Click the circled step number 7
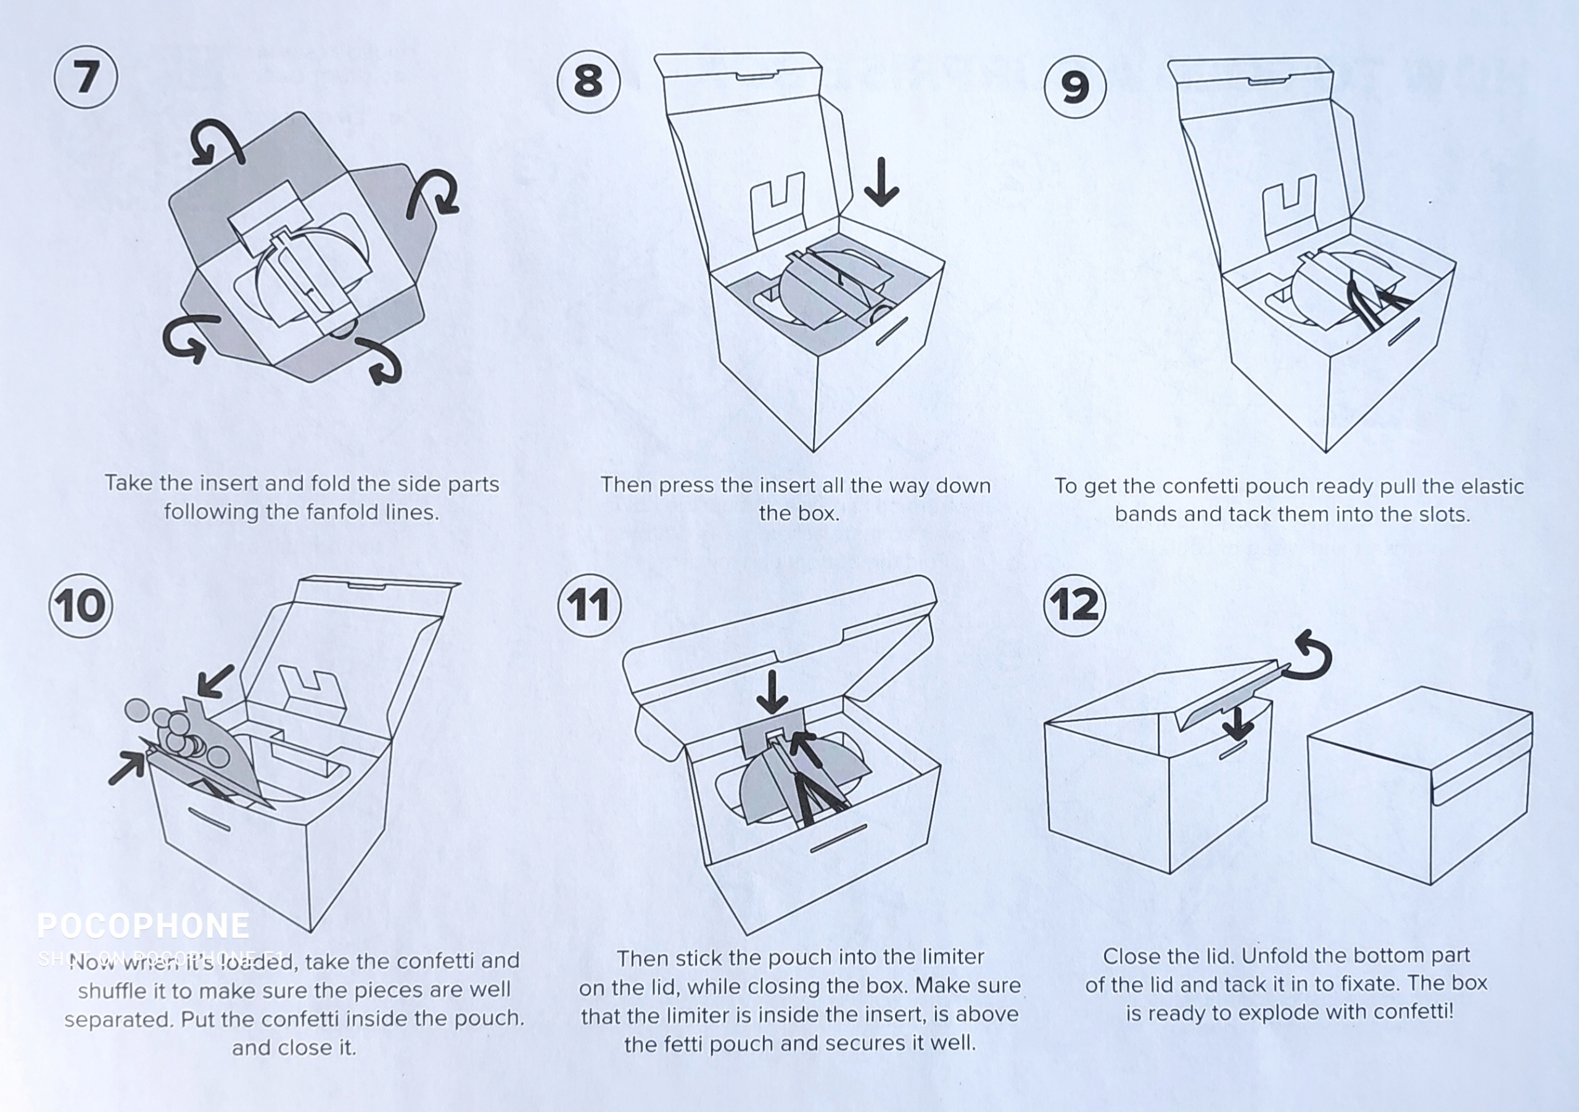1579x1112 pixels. (x=86, y=77)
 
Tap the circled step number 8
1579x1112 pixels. (x=588, y=81)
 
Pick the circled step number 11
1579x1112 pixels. (x=590, y=606)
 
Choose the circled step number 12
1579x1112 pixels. (x=1075, y=606)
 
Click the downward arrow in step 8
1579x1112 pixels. (x=881, y=182)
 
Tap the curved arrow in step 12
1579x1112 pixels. (x=1311, y=657)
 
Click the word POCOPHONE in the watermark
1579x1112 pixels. (x=143, y=926)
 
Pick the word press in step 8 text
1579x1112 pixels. (x=688, y=485)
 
